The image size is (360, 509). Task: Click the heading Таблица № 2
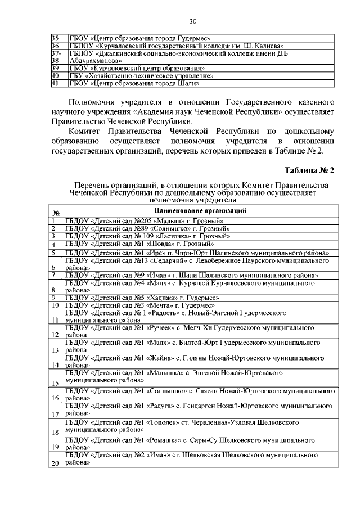309,170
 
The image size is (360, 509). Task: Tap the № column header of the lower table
56,213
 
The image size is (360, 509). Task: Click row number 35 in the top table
55,37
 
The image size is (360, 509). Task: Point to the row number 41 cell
55,84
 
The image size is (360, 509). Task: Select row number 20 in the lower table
55,463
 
